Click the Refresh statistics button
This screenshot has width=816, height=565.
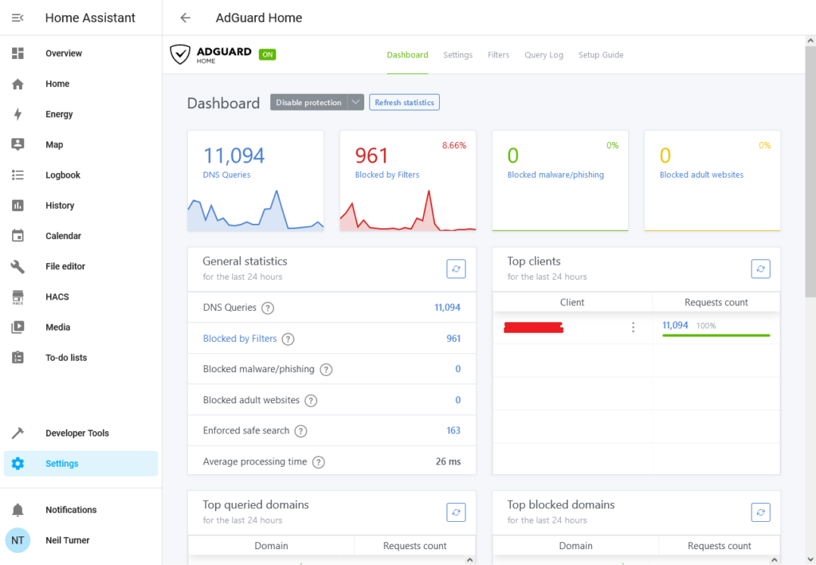(404, 102)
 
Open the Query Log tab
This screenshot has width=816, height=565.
(543, 55)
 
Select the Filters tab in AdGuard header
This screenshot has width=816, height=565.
(498, 55)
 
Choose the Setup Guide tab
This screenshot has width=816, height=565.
(601, 55)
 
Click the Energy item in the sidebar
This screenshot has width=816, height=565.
(59, 114)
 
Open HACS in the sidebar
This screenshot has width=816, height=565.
(57, 296)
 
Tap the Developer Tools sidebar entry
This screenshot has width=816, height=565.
(76, 433)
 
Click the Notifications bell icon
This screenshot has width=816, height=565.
(18, 510)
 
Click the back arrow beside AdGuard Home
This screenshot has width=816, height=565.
(186, 18)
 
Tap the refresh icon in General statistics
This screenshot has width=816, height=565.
(456, 269)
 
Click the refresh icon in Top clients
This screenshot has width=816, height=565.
(761, 269)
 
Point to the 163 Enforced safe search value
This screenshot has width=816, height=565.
(453, 430)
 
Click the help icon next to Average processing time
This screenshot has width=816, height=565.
(319, 462)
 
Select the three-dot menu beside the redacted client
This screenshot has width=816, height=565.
(634, 327)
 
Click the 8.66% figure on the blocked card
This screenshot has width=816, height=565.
(454, 145)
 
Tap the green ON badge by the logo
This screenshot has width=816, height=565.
(268, 54)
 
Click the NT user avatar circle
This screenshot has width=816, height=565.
(18, 540)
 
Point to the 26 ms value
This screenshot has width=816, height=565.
(448, 461)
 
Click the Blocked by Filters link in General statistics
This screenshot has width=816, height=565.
(240, 339)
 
